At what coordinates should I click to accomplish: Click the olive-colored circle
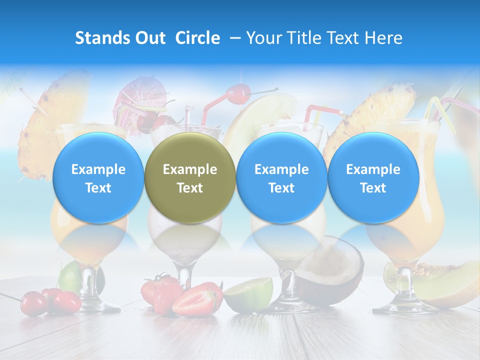[190, 178]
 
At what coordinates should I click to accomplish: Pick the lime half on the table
[248, 294]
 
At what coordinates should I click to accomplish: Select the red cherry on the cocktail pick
[238, 93]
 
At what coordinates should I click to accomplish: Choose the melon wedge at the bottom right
[445, 285]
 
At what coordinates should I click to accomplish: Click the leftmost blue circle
[98, 178]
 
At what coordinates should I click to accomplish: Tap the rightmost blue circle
[373, 178]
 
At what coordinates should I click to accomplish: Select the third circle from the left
[281, 178]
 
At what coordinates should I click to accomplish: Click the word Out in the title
[150, 38]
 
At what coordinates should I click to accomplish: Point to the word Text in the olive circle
[190, 188]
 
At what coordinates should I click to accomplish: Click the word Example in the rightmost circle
[373, 169]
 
